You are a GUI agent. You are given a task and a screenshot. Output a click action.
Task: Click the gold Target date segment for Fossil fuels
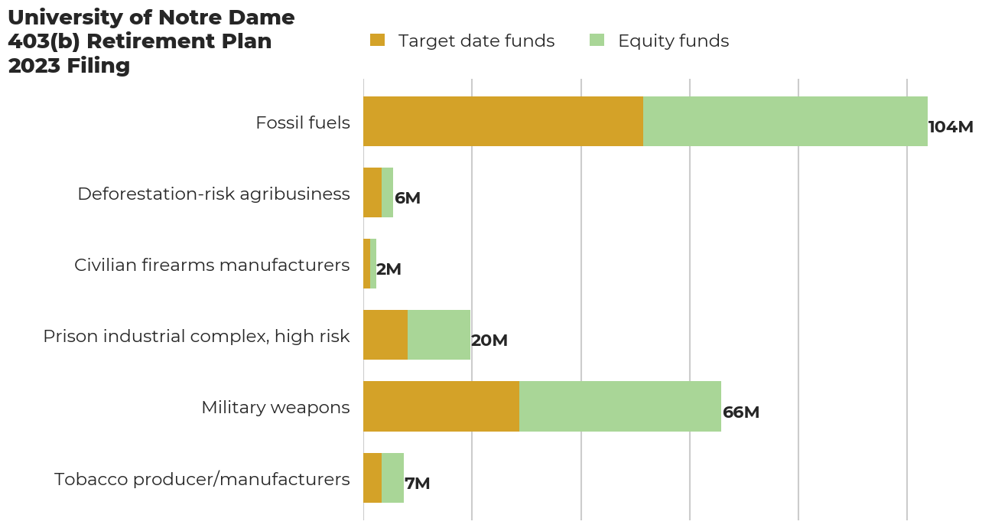502,121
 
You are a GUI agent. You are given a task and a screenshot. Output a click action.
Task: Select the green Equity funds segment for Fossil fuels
785,121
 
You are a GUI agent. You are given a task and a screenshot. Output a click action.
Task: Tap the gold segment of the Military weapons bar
441,406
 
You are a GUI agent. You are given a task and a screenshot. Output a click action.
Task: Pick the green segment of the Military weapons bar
619,406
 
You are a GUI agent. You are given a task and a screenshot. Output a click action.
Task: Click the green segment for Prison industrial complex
438,334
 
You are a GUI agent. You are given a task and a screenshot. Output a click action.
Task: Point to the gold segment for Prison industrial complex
385,334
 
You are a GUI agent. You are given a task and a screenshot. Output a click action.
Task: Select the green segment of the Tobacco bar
392,477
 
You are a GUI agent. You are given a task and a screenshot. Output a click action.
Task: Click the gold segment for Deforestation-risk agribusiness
372,192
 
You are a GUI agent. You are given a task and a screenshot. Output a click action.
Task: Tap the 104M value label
950,127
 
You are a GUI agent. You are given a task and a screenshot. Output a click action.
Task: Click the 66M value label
740,412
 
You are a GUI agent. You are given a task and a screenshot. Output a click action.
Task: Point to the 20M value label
489,341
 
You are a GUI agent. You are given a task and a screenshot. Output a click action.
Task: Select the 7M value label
417,484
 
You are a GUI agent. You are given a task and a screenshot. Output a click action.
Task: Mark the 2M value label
389,269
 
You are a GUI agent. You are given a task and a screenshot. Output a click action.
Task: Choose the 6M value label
407,198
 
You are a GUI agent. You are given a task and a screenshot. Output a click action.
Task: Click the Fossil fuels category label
302,122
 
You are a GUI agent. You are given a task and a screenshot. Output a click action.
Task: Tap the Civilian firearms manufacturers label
212,265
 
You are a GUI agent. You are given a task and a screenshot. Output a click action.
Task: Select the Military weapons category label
275,407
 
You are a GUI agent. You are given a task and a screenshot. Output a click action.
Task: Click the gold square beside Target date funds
377,41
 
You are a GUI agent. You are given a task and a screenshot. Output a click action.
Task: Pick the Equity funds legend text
673,41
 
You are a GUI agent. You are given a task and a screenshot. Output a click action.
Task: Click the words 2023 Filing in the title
69,66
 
